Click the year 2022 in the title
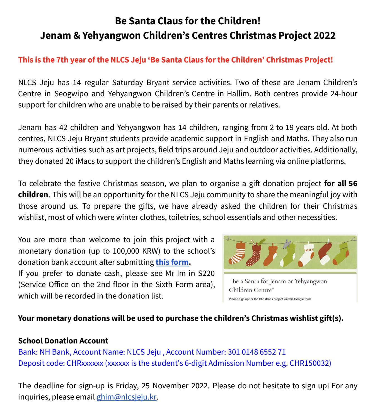click(324, 35)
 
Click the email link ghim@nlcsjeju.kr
click(127, 397)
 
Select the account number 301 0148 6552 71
click(257, 352)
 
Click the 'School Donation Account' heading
click(63, 341)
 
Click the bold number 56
click(353, 184)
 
